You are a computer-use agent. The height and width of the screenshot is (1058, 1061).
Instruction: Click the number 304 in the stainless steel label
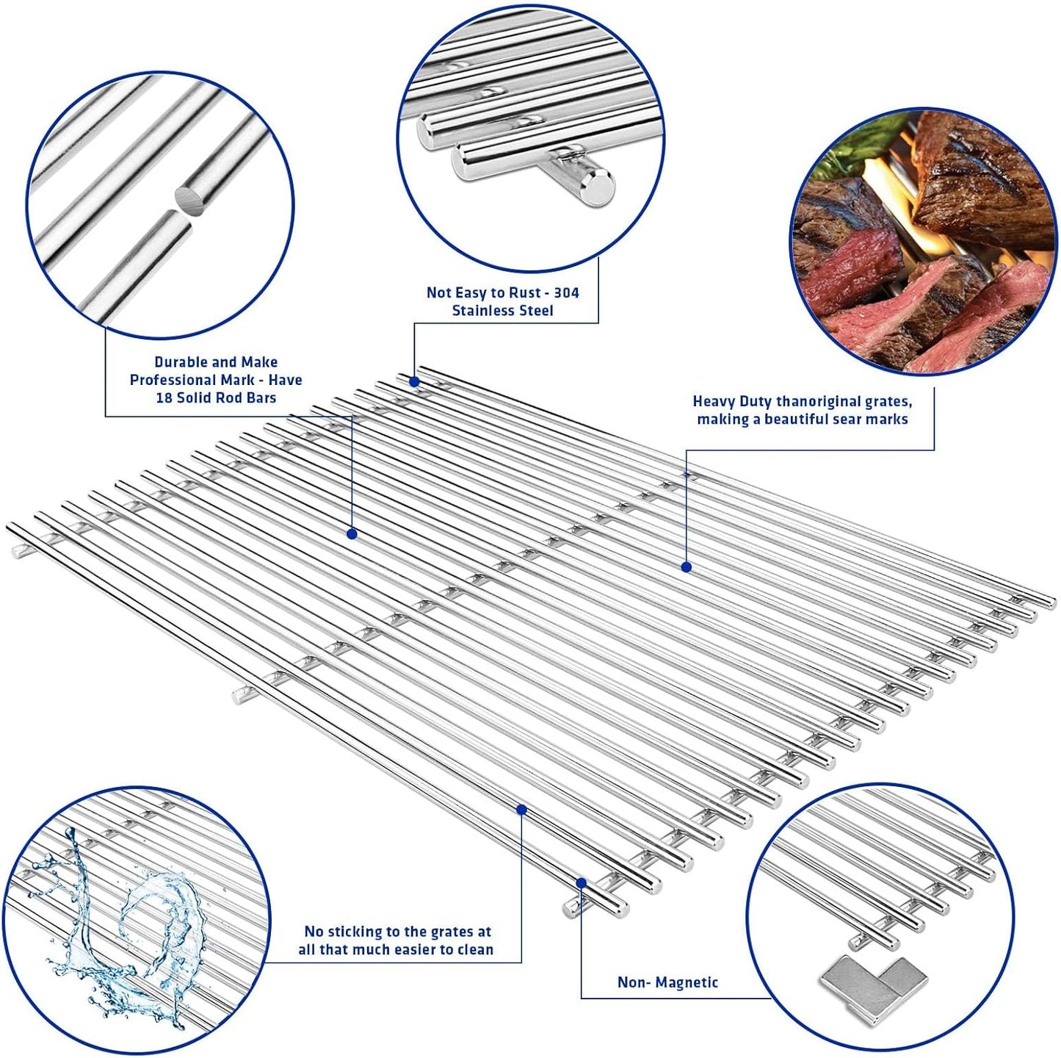(x=566, y=292)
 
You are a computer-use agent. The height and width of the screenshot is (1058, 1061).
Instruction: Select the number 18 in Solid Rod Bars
(x=164, y=397)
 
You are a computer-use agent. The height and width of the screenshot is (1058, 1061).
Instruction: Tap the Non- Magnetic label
(x=667, y=982)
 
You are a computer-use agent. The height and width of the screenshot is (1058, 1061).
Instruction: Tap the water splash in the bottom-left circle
(x=125, y=918)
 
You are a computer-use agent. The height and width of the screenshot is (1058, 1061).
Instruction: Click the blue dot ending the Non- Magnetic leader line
(x=581, y=882)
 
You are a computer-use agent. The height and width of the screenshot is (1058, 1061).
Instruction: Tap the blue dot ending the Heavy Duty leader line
(x=686, y=566)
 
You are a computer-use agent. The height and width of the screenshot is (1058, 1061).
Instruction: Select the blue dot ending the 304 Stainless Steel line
(x=414, y=381)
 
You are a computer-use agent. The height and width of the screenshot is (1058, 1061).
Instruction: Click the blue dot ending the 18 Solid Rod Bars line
(x=352, y=533)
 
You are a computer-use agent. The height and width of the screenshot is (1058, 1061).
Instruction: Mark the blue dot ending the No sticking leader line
(x=521, y=809)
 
